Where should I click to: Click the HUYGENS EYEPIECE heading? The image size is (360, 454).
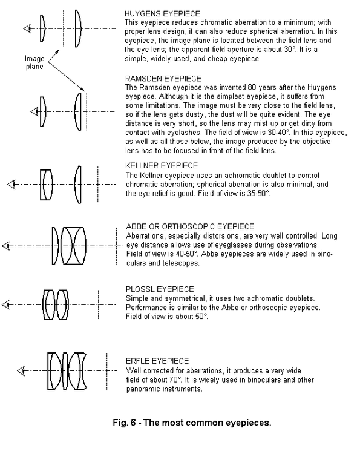tap(162, 13)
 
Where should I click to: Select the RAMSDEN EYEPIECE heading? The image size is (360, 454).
tap(163, 79)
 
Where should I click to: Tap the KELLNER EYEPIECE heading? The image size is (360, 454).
tap(162, 166)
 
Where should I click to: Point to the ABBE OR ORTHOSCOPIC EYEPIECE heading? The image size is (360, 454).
tap(190, 226)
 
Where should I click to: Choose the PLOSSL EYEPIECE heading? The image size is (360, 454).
tap(160, 289)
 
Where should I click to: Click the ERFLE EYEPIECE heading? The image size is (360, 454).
tap(157, 361)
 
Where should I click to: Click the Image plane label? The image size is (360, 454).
tap(34, 62)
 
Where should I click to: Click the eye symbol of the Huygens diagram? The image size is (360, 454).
tap(27, 28)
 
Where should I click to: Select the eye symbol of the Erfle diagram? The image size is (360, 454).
tap(21, 371)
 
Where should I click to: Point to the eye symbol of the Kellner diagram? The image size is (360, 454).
tap(11, 185)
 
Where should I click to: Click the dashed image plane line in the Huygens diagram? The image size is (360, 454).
tap(64, 28)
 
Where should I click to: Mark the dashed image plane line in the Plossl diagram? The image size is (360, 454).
tap(99, 304)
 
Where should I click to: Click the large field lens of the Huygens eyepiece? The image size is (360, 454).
tap(78, 28)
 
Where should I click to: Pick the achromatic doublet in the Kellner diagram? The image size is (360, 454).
tap(47, 185)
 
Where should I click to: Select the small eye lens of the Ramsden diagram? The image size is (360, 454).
tap(42, 112)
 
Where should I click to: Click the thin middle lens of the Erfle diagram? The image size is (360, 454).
tap(65, 371)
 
